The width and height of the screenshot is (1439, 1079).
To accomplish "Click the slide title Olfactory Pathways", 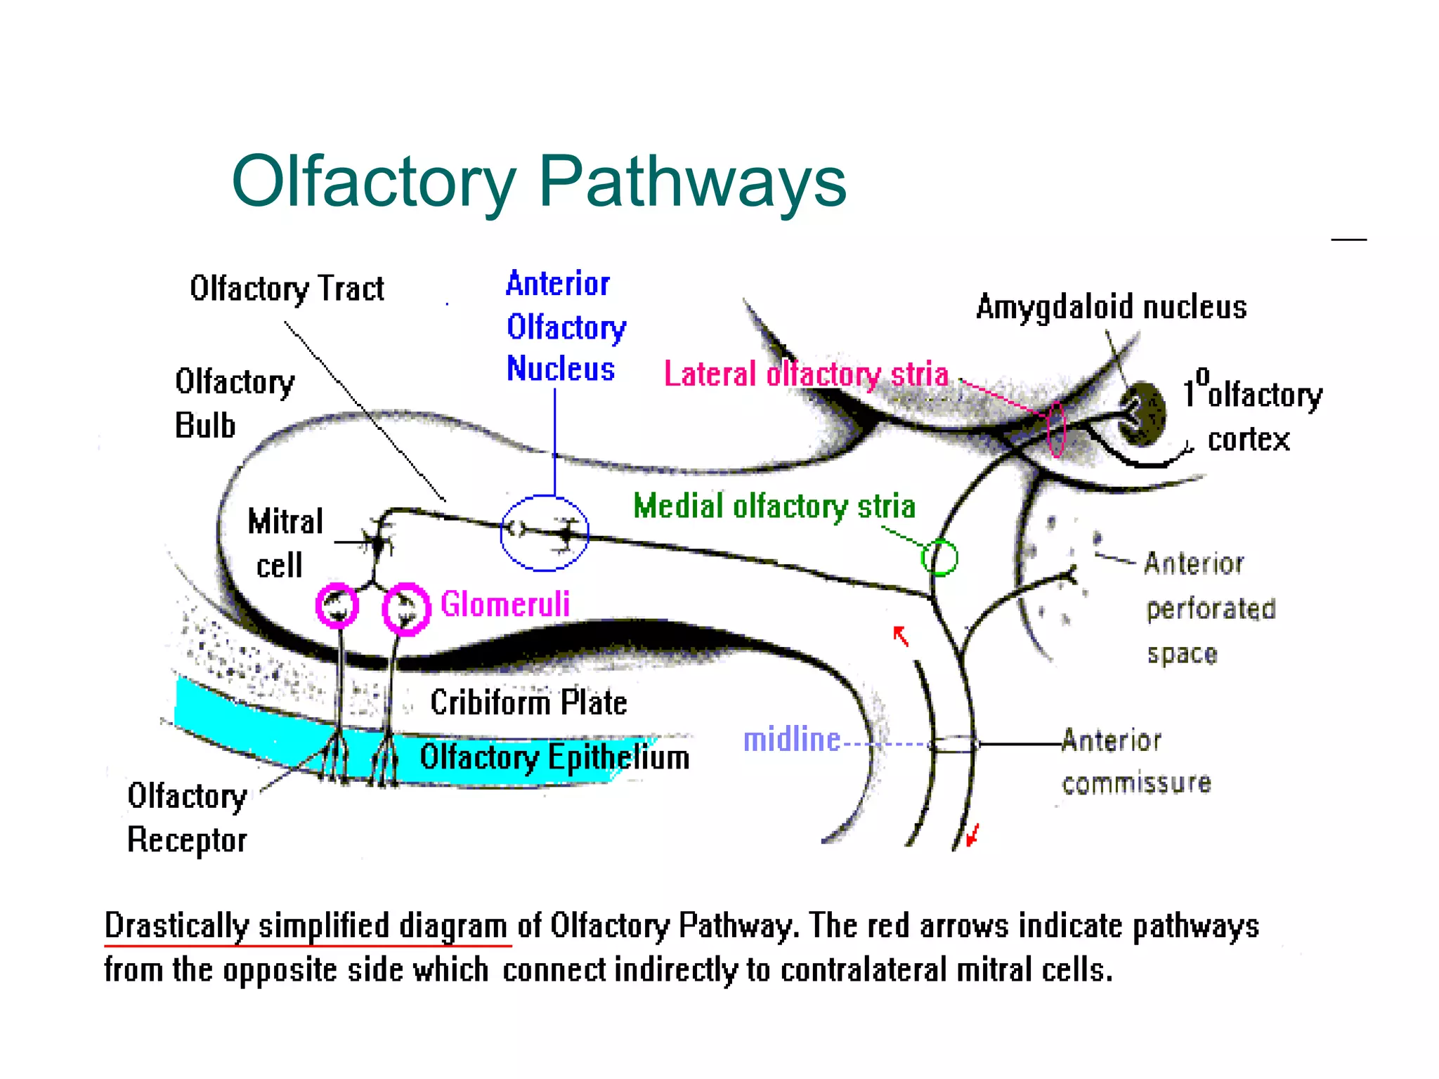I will (x=539, y=182).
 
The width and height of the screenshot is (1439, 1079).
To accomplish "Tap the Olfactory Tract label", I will (x=287, y=289).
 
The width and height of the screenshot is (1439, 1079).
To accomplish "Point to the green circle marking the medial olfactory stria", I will (x=939, y=558).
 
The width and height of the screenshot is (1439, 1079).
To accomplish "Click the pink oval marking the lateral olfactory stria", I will (x=1056, y=429).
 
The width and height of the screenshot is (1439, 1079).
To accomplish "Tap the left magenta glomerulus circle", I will (x=337, y=605).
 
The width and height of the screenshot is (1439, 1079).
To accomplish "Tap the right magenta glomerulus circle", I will (x=406, y=608).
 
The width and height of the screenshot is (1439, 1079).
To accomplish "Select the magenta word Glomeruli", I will (x=504, y=604).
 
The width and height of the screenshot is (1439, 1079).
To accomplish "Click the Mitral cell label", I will (x=284, y=543).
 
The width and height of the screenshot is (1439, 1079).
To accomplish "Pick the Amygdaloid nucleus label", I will (x=1111, y=308).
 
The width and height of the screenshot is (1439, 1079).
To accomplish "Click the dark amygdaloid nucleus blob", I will (x=1145, y=414).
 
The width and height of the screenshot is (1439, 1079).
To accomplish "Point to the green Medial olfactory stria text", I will (x=774, y=506).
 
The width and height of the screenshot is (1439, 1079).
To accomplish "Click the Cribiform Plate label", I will (x=528, y=702).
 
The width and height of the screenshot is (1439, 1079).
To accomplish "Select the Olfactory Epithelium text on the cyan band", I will (x=554, y=757).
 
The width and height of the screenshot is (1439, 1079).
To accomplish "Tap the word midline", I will (x=791, y=740).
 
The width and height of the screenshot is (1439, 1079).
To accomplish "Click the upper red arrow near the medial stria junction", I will (x=901, y=636).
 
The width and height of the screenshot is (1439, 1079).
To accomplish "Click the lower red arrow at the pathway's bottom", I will (x=972, y=836).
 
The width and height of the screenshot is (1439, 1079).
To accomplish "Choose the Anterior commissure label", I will (x=1135, y=761).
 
